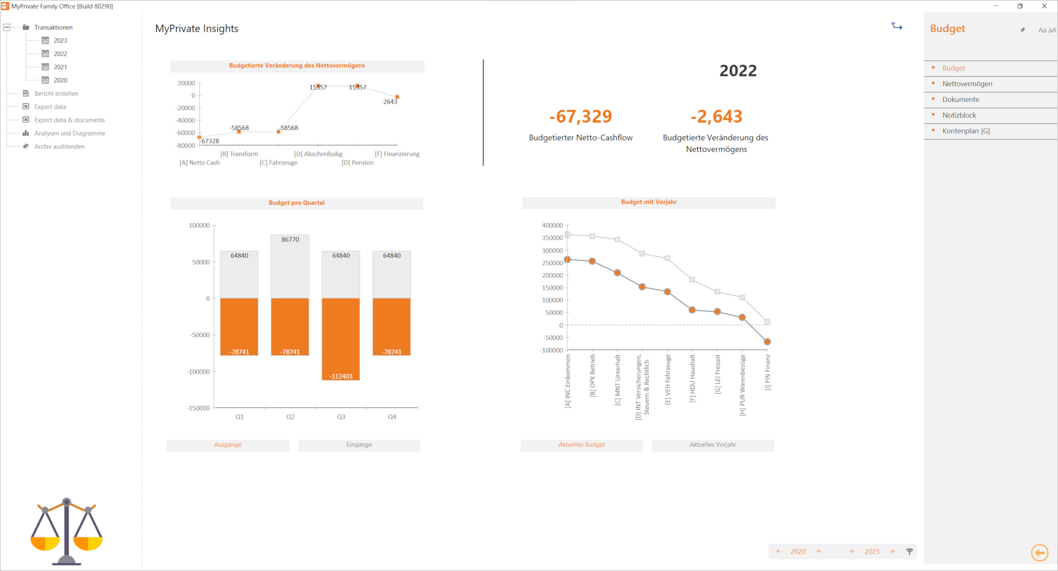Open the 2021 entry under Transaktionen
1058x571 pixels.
tap(60, 67)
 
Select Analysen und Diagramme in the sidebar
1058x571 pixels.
tap(69, 133)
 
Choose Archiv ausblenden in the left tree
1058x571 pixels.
tap(59, 146)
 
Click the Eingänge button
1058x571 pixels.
tap(359, 445)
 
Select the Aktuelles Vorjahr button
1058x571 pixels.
tap(713, 445)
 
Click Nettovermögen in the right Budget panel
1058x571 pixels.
tap(967, 84)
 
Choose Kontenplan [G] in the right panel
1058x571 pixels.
tap(966, 131)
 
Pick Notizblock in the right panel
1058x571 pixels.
tap(959, 115)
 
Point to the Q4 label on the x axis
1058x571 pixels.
tap(392, 417)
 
